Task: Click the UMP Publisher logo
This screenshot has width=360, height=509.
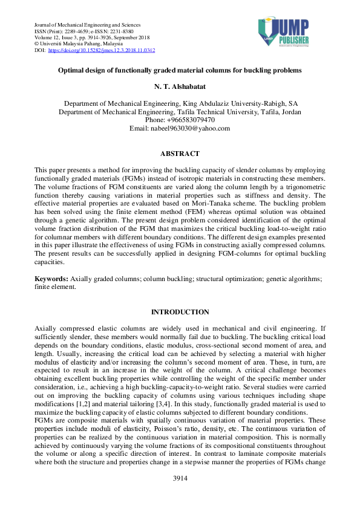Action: pos(284,32)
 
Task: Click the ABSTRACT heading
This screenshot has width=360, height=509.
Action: pos(180,154)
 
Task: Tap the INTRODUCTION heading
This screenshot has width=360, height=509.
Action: pos(180,312)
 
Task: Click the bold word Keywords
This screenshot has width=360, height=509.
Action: pos(51,279)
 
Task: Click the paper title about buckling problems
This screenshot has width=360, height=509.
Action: pos(180,71)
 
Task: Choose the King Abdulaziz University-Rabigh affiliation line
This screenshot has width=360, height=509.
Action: pos(180,104)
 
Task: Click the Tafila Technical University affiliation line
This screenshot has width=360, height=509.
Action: pos(180,112)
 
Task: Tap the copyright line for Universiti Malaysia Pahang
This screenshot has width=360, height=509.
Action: pos(79,44)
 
